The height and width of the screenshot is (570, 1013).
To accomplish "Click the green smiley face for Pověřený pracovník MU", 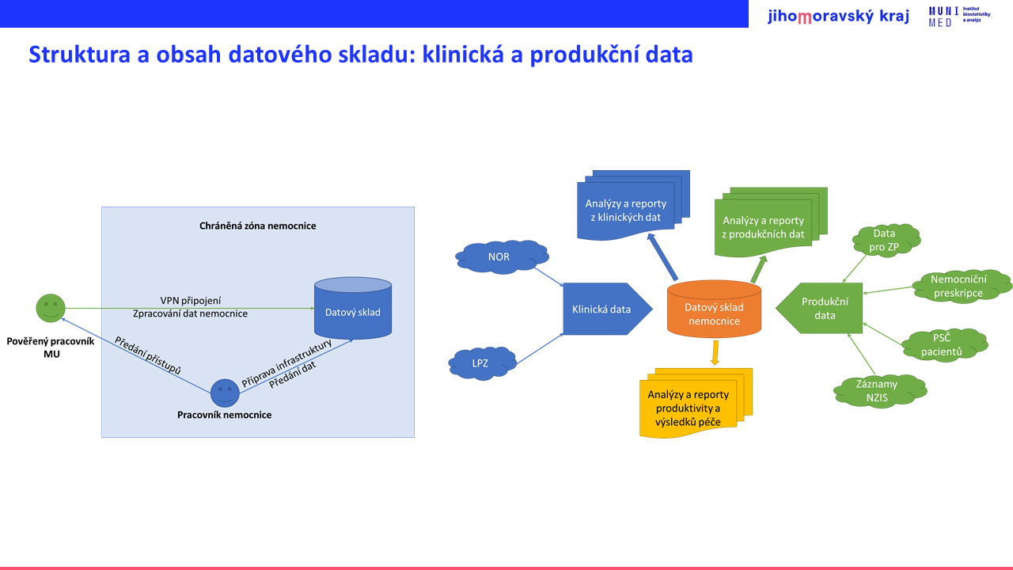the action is point(51,308).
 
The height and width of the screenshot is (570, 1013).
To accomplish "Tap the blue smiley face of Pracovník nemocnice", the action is point(225,393).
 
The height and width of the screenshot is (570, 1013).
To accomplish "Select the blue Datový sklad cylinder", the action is point(353,308).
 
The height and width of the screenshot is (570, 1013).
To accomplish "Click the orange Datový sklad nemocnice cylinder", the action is point(714,309).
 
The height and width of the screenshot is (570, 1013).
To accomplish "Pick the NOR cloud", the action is point(502,257).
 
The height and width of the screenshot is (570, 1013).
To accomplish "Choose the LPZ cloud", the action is point(482,363).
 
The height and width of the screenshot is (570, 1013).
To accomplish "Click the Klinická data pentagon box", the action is point(607,309).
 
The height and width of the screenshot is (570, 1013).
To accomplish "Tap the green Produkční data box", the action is point(819,309).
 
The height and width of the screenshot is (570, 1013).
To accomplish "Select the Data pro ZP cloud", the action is point(886,240).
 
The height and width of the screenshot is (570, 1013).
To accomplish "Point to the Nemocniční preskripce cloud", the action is point(962,286).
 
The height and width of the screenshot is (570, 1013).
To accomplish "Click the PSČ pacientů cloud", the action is point(944,344).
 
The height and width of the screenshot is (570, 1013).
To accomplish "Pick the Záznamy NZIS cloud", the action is point(880,391).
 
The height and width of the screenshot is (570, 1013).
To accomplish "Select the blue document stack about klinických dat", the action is point(633,205).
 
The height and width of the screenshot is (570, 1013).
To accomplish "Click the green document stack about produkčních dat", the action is point(771,222).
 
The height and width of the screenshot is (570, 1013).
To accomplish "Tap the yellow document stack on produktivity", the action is point(696,403).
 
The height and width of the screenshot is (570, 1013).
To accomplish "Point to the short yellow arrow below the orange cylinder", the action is point(715,353).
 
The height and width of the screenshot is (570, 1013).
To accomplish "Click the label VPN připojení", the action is point(191,301).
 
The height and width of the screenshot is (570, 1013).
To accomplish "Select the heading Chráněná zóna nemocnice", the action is point(258,226).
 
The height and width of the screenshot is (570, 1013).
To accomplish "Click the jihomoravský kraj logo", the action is point(838,16).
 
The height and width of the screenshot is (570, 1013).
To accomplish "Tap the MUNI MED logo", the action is point(959,17).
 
